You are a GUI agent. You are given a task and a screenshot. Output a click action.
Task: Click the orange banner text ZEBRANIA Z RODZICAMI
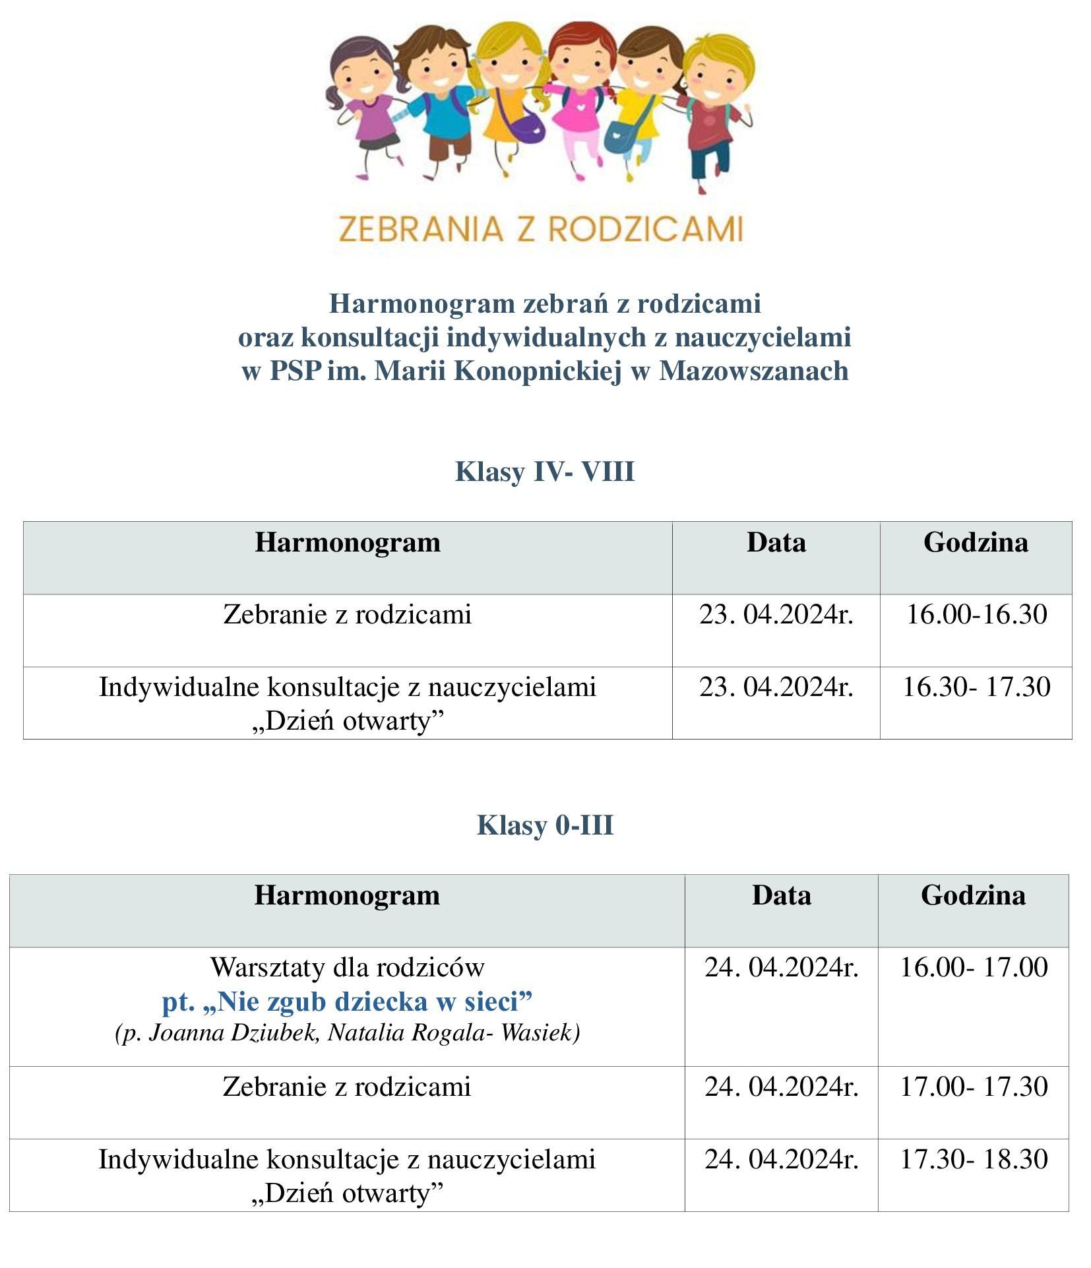pos(540,229)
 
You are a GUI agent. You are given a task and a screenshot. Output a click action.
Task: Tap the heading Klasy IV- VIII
pos(545,472)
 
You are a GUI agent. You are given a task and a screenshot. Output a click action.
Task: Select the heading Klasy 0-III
pos(545,825)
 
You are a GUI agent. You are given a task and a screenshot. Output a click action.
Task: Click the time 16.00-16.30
pos(976,614)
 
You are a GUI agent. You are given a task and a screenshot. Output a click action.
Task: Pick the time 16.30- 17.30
pos(976,687)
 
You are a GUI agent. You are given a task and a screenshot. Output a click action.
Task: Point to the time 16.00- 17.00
pos(974,968)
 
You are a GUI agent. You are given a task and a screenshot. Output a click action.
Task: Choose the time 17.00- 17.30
pos(974,1087)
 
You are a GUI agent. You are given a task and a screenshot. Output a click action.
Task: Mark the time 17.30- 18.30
pos(974,1159)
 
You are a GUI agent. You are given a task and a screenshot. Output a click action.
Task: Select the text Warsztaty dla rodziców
pos(347,968)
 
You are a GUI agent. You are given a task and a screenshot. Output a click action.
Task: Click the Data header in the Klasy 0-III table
pos(781,895)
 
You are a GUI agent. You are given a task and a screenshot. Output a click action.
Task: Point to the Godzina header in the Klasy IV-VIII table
pos(976,542)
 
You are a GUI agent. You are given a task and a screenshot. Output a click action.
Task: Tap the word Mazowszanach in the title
pos(753,371)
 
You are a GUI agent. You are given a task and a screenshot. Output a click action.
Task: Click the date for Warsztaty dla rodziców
pos(781,968)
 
